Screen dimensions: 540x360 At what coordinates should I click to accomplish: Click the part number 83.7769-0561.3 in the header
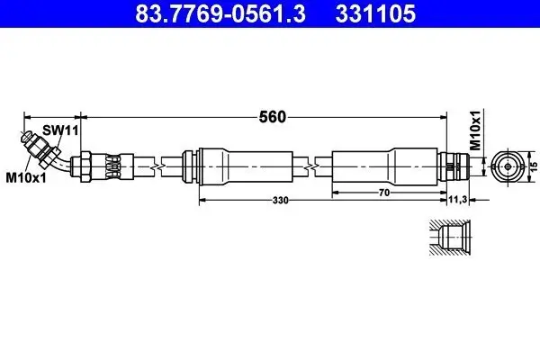click(220, 13)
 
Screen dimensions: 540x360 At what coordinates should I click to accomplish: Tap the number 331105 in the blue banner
click(375, 13)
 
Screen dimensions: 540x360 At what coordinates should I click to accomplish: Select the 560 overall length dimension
click(273, 117)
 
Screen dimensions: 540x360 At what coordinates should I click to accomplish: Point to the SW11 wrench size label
click(60, 130)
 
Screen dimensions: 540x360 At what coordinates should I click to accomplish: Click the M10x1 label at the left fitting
click(26, 178)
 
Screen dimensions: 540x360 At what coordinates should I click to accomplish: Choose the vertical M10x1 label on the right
click(475, 130)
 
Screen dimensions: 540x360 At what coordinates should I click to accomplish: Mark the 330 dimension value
click(280, 200)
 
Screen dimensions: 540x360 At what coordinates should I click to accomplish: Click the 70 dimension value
click(384, 193)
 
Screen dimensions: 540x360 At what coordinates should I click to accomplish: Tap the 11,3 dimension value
click(458, 199)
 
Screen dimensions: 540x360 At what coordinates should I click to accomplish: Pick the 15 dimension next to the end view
click(534, 166)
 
